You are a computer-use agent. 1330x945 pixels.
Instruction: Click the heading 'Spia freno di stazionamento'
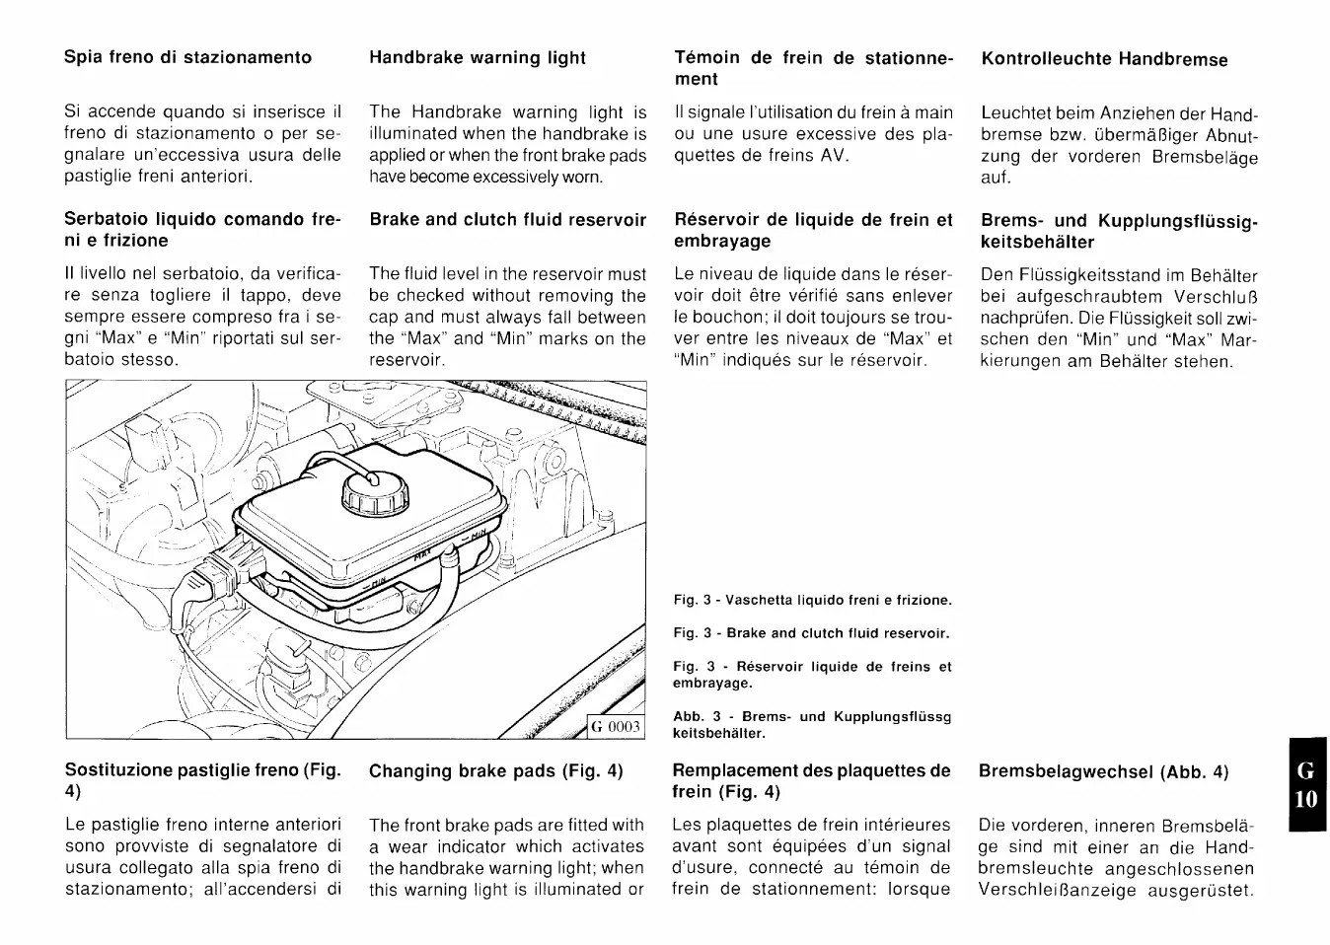(187, 57)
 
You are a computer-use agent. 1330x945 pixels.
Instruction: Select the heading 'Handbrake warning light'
(478, 58)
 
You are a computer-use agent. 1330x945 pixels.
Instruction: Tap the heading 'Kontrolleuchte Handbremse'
(1104, 59)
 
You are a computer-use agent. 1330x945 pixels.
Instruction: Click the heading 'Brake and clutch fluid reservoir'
(508, 220)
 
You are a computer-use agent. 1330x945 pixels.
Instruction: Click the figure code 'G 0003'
(616, 728)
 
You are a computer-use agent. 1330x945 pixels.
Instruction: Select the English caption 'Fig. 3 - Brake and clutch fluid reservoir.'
(811, 633)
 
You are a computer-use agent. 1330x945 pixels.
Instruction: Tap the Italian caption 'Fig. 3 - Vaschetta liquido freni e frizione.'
(812, 600)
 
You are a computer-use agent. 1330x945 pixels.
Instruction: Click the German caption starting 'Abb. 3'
(811, 725)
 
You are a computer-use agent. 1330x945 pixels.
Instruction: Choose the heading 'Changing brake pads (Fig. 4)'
(495, 771)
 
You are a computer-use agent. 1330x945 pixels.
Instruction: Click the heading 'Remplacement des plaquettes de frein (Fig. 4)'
(811, 781)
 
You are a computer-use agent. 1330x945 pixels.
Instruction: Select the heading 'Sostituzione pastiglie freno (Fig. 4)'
(202, 780)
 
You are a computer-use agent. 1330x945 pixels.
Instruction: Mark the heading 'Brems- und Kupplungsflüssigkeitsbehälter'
(1119, 232)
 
